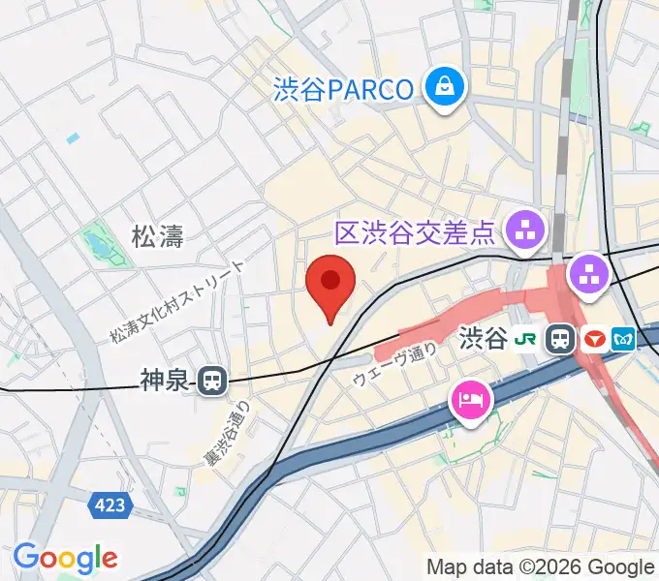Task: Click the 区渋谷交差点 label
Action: [x=415, y=232]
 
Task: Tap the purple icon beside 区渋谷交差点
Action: [x=528, y=231]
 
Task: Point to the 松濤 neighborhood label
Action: [x=158, y=234]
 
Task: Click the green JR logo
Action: [x=526, y=340]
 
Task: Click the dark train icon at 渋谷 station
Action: [x=559, y=340]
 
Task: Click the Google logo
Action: [x=65, y=558]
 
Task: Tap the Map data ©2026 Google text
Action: [x=541, y=566]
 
